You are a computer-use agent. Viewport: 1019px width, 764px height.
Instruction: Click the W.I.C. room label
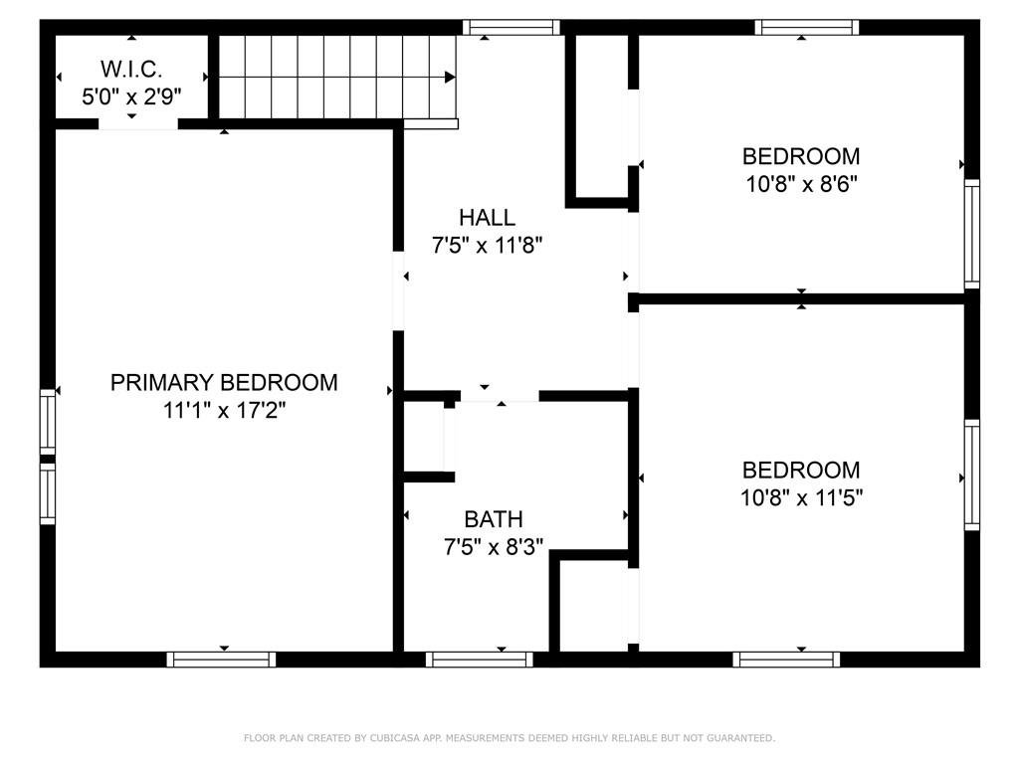[x=131, y=69]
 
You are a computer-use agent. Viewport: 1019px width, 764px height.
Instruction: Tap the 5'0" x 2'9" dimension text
[x=131, y=96]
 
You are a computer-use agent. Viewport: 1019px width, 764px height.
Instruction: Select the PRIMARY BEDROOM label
[x=224, y=383]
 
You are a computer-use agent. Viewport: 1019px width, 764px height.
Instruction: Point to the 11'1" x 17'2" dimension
[x=224, y=411]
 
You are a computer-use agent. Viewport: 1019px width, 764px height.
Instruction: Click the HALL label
[x=488, y=217]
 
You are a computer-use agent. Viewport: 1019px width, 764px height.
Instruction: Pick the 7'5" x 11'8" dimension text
[x=488, y=246]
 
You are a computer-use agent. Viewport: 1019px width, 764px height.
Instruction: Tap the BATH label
[x=494, y=519]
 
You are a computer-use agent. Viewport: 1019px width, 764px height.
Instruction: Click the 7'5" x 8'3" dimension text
[x=494, y=547]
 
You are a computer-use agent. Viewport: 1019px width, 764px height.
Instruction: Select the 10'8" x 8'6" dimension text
[x=801, y=184]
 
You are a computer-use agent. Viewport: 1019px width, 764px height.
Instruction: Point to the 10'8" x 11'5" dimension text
[x=801, y=498]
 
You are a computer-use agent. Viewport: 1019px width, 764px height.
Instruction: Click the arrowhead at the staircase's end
[x=450, y=78]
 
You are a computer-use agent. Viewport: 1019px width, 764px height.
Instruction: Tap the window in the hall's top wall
[x=511, y=27]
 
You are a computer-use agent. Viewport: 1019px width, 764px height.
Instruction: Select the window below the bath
[x=480, y=660]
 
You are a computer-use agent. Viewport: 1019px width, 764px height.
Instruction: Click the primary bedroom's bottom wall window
[x=222, y=660]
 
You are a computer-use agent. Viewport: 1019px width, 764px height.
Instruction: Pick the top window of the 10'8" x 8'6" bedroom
[x=807, y=27]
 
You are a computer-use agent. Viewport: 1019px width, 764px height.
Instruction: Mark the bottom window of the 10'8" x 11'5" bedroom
[x=786, y=660]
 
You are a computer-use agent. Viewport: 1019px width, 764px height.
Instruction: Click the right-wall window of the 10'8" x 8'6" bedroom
[x=972, y=234]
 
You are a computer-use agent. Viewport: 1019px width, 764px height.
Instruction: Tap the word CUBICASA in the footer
[x=392, y=738]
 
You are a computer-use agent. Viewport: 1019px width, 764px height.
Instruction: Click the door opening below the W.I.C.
[x=138, y=124]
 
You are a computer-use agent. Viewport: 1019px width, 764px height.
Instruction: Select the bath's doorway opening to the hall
[x=500, y=396]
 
